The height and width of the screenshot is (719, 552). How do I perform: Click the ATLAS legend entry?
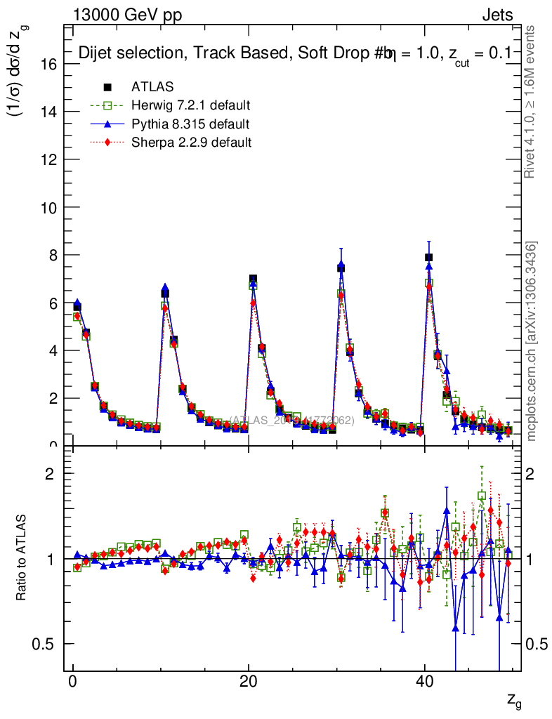coord(152,87)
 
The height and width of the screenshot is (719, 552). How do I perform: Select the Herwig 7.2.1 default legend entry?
coord(190,105)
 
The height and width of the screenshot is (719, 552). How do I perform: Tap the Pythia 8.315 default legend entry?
coord(190,124)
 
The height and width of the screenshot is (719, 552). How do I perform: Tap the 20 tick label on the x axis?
coord(248,683)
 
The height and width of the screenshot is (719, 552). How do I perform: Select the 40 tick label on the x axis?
coord(424,683)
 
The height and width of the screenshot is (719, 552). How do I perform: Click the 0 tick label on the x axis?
coord(72,683)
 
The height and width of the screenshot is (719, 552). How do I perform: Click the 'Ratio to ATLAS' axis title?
coord(22,559)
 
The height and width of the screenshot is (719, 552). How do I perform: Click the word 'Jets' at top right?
coord(497,15)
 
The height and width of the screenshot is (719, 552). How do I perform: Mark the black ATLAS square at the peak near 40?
coord(428,257)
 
